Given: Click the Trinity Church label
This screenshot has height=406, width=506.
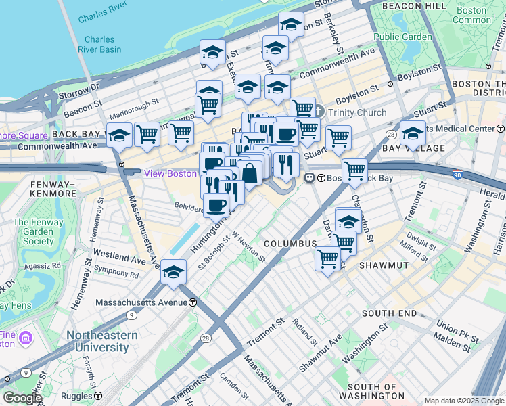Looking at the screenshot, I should click(x=358, y=113).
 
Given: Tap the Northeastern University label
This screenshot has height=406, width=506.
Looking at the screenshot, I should click(x=101, y=341).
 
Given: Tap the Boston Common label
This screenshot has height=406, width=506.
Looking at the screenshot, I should click(x=471, y=15).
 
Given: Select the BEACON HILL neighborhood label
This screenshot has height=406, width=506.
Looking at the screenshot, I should click(x=413, y=6).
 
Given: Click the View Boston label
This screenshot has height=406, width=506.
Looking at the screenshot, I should click(x=170, y=173).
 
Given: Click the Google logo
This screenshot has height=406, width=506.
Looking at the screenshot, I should click(x=22, y=398).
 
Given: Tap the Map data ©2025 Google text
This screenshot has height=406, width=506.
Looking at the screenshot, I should click(x=464, y=401).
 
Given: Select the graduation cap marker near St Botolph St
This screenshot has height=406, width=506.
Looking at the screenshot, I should click(x=173, y=272).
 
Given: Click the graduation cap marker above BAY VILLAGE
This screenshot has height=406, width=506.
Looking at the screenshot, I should click(x=412, y=132).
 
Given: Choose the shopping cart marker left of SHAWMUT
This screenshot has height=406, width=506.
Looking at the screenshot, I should click(x=328, y=256).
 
